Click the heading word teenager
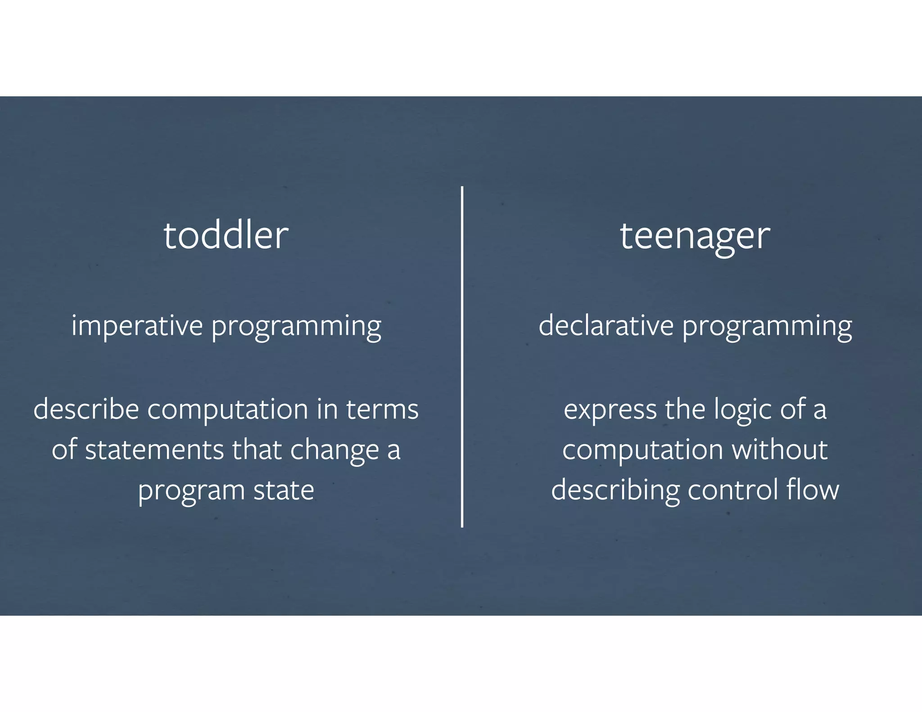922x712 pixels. click(695, 236)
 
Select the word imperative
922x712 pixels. click(137, 325)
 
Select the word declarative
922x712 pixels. click(606, 325)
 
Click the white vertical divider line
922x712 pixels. click(462, 356)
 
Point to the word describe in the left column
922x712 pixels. click(86, 409)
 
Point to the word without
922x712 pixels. click(780, 450)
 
